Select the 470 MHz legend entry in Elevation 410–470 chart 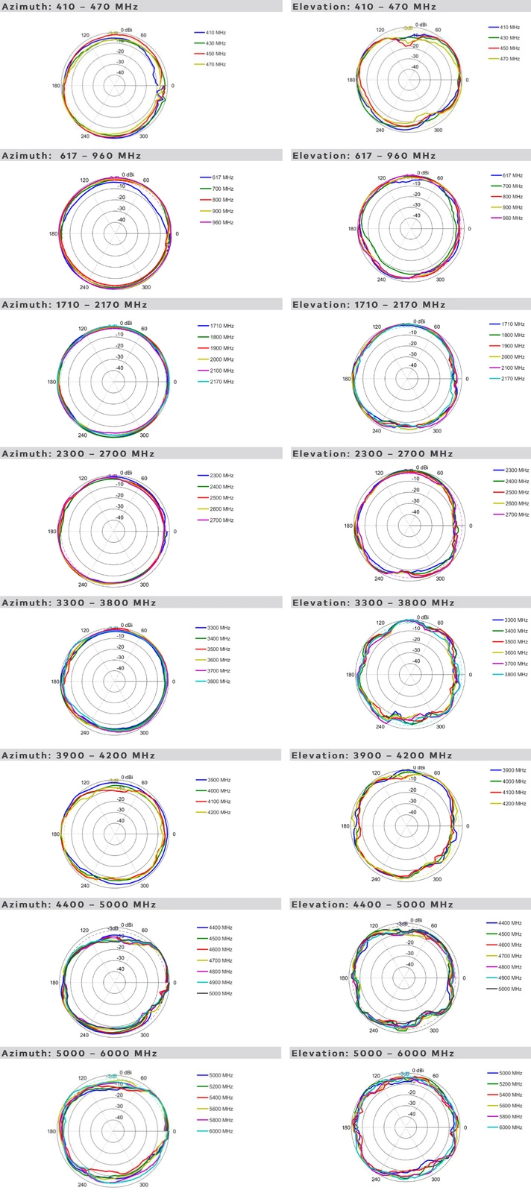click(510, 59)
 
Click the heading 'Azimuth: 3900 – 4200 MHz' click(78, 755)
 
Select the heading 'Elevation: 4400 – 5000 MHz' click(372, 904)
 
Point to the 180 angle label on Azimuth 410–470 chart click(56, 86)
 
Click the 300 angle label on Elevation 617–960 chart click(440, 280)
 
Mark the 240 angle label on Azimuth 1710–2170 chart click(82, 435)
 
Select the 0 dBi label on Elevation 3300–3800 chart click(422, 617)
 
